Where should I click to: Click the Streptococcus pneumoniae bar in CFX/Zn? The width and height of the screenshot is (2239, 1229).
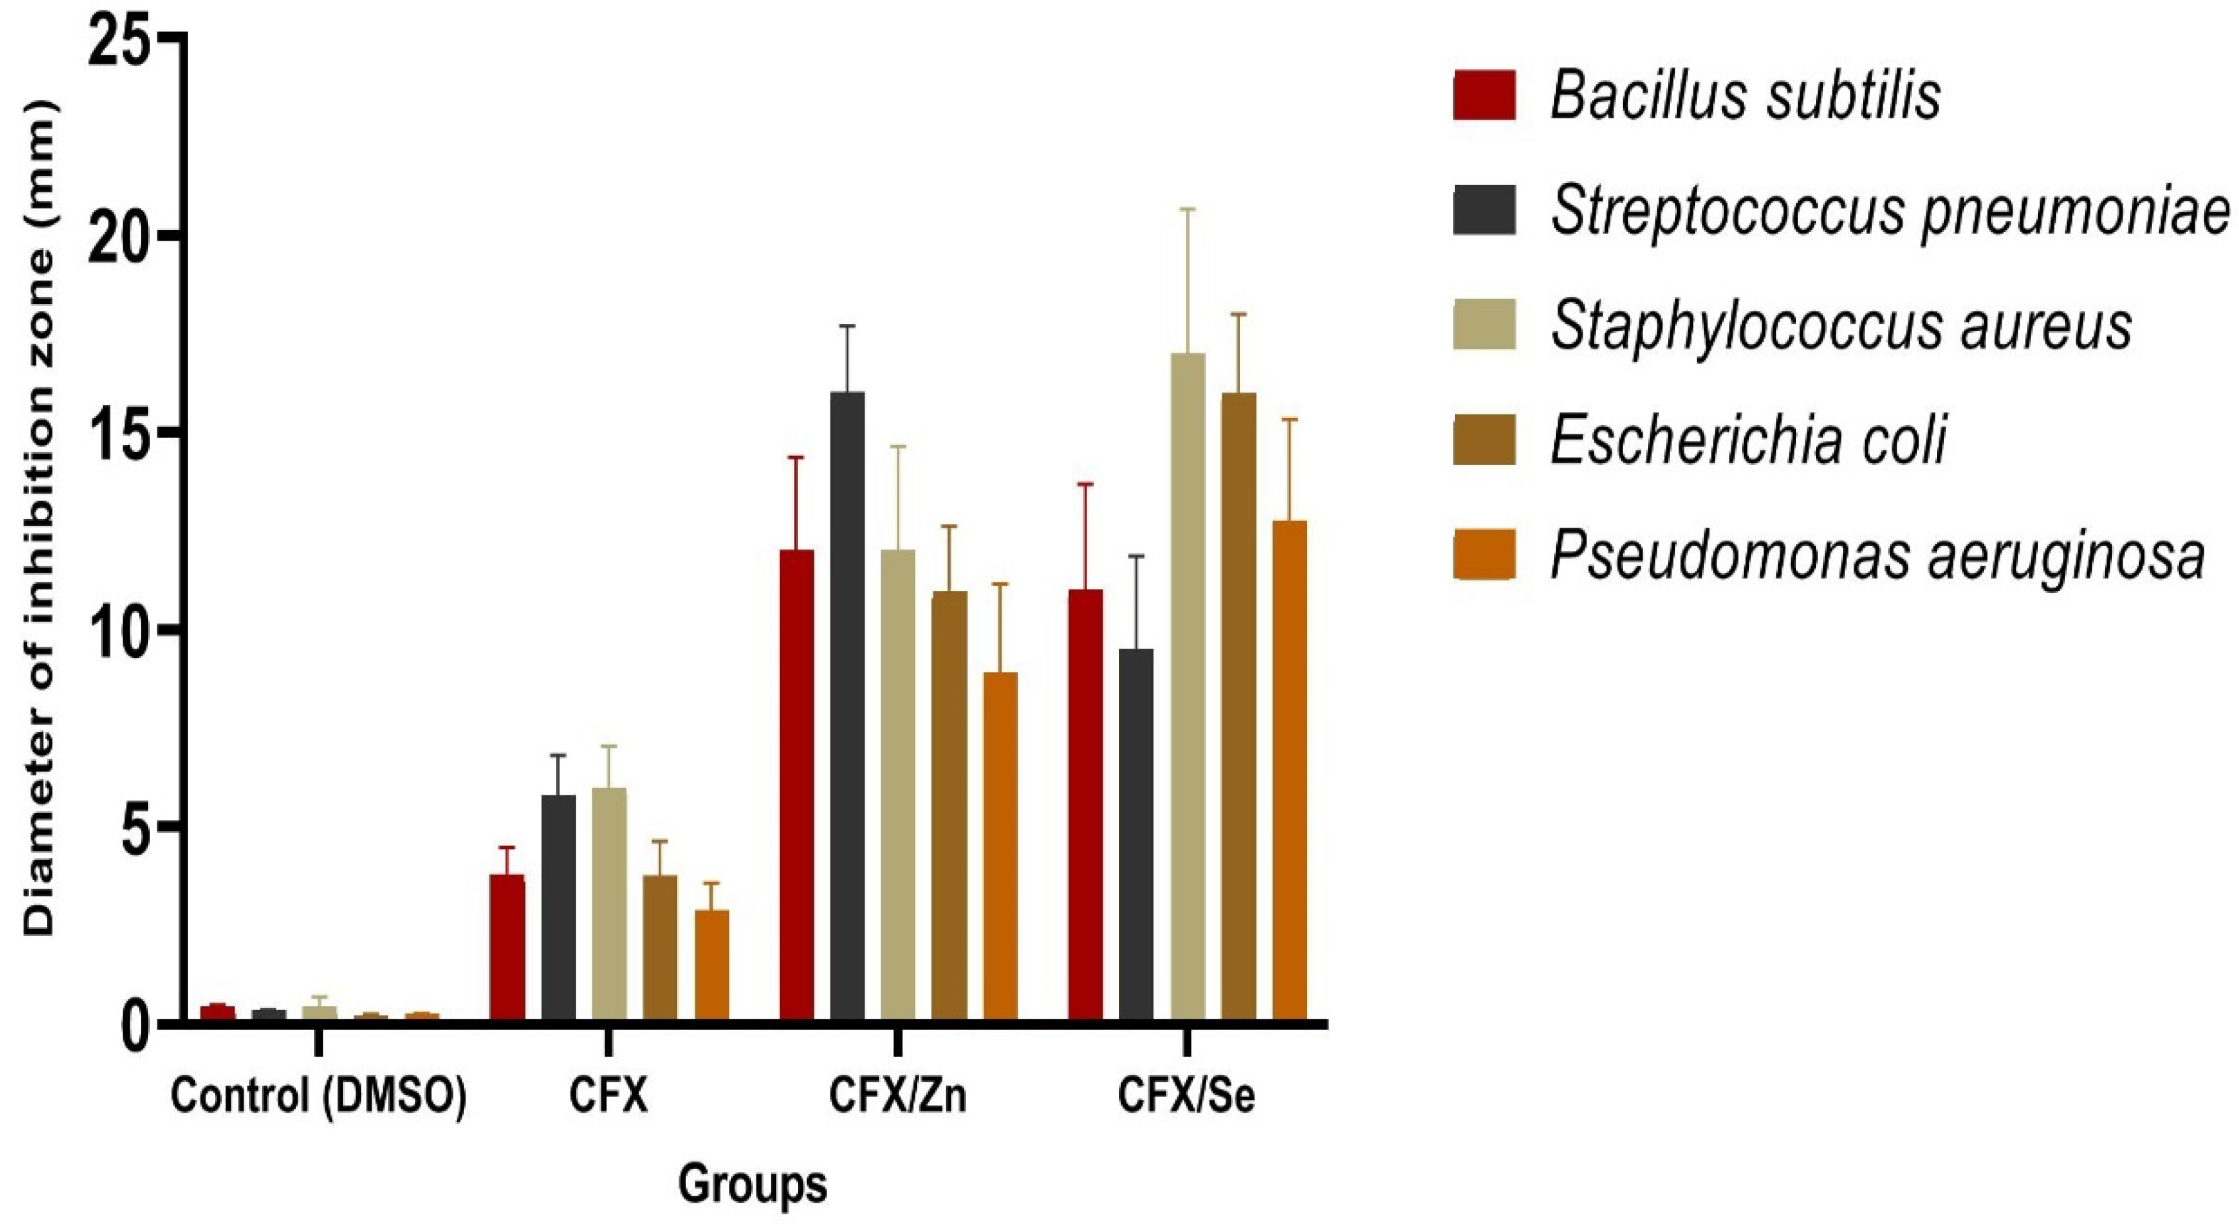(847, 704)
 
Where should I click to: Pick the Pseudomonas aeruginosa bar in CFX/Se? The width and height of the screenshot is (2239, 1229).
(1289, 770)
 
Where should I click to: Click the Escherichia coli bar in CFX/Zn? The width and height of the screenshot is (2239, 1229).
(949, 804)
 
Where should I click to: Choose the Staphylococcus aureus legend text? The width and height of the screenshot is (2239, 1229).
(1841, 326)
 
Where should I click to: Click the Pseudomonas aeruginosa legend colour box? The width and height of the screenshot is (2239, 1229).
(1483, 555)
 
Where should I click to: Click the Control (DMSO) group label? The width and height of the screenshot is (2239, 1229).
(318, 1097)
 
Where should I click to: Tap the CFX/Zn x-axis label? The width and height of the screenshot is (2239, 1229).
(897, 1097)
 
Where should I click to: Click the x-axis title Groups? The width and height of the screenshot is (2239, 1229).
(753, 1184)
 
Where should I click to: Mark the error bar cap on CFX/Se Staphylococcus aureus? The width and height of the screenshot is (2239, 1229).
(1187, 210)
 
